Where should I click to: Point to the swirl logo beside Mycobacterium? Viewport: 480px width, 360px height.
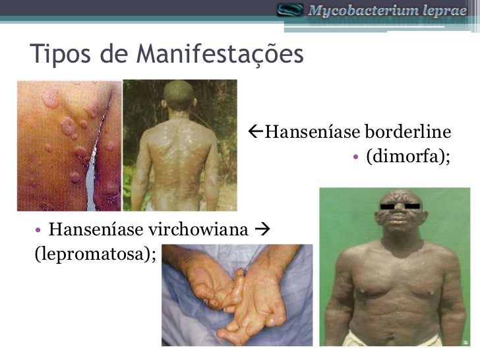coord(290,10)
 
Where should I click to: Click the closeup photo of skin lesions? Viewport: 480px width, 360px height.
coord(69,145)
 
